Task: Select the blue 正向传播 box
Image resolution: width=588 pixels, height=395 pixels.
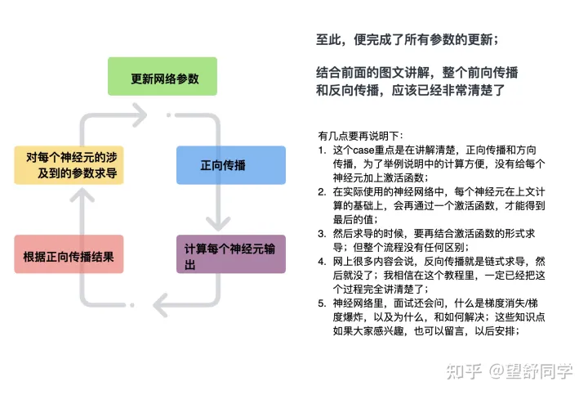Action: (231, 164)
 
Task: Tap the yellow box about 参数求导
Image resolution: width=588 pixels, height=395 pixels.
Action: (69, 164)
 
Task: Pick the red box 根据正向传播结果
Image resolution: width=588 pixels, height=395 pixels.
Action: (69, 254)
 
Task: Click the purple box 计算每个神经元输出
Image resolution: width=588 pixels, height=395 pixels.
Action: (231, 254)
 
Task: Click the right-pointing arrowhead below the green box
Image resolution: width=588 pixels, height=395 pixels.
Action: (139, 114)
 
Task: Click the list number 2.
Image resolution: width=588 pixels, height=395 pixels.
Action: (322, 191)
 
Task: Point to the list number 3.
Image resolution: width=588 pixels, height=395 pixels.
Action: (322, 232)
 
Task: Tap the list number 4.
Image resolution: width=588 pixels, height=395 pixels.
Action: (322, 261)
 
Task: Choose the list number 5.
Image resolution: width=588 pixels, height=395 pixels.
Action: (322, 303)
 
